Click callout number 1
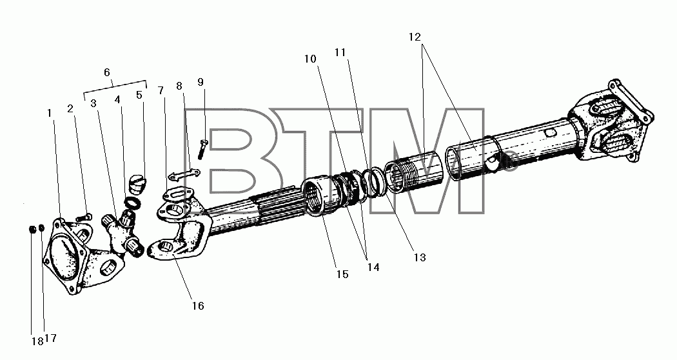50,113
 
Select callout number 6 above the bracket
107,73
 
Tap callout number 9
201,82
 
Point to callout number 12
415,37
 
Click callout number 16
198,306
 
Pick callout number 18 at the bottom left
37,341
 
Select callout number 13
420,257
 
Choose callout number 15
342,274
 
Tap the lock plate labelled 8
184,175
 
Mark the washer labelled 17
41,227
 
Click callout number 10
310,59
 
